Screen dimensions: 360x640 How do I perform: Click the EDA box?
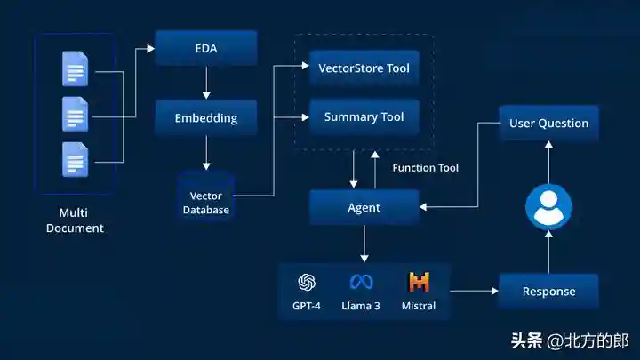[x=206, y=47]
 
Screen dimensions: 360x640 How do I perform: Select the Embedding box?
[x=206, y=117]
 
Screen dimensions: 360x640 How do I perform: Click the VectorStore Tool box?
[x=364, y=68]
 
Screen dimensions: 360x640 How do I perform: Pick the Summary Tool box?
[x=364, y=116]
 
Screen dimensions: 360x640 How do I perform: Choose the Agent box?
[x=364, y=207]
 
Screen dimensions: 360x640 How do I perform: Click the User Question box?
[x=548, y=123]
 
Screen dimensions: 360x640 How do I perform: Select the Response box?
[x=548, y=291]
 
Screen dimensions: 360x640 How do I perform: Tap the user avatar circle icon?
[x=548, y=206]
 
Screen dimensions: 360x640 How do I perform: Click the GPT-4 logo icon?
[x=308, y=283]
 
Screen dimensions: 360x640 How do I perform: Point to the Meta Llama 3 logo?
[x=361, y=283]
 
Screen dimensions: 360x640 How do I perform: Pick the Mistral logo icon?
[x=419, y=283]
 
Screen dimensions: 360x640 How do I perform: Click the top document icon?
[x=75, y=68]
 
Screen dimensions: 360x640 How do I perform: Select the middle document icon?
[x=75, y=114]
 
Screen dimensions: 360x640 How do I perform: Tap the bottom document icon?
[x=75, y=159]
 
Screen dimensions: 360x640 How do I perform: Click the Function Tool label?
[x=425, y=167]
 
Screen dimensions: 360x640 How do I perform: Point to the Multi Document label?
[x=81, y=220]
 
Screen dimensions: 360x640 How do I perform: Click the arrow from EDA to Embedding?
[x=206, y=82]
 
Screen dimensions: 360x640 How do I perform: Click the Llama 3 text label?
[x=361, y=306]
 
